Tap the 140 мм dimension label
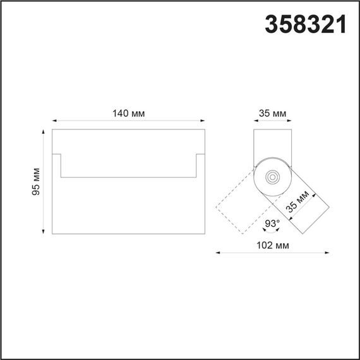pos(129,113)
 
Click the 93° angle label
pos(272,224)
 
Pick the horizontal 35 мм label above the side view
pos(272,113)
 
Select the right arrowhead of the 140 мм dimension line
pos(203,121)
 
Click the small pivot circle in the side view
pos(273,177)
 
